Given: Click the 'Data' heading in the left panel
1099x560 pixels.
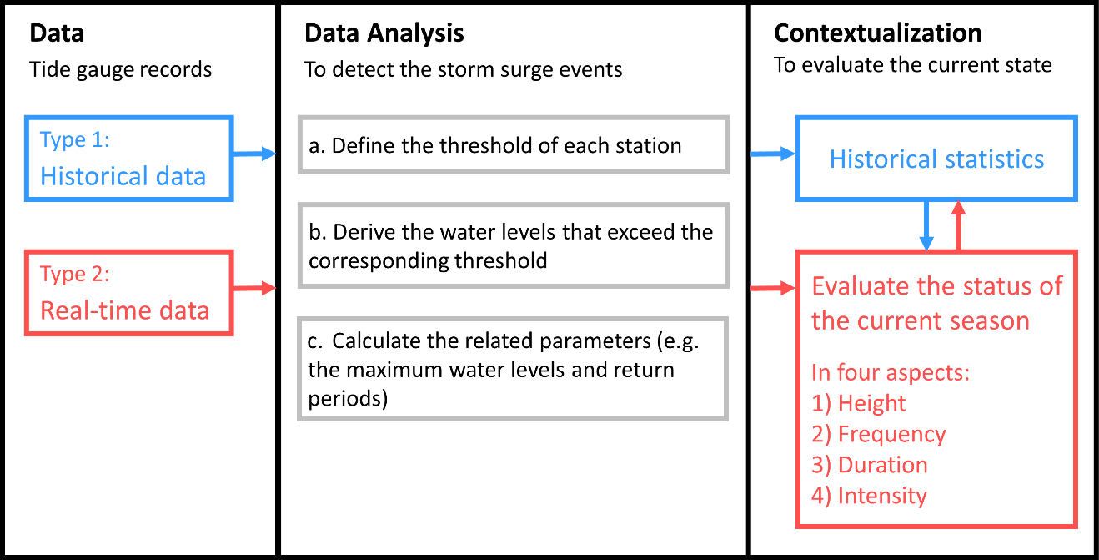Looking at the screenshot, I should [57, 33].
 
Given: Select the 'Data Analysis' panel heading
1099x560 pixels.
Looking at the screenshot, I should [384, 33].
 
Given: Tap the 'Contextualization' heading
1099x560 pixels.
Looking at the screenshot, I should [878, 33].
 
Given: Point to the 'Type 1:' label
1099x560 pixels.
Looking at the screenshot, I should [75, 139].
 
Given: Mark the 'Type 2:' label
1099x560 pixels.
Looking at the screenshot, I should [75, 275].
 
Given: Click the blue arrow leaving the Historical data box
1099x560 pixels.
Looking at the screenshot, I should [254, 154].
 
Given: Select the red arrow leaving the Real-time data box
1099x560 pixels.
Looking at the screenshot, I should [254, 289].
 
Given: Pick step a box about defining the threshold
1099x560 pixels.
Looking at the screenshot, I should [513, 145].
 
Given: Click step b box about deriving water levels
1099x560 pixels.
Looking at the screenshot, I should [513, 245].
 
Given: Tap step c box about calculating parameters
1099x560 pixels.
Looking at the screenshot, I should [513, 368].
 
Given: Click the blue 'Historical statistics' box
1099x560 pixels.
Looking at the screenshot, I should [936, 159].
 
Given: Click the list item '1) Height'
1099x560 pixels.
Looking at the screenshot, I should [859, 404].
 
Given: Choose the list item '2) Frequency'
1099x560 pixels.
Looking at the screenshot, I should [879, 435].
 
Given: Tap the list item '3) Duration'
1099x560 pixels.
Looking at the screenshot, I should [870, 465].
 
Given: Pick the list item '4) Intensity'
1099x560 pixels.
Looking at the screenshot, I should [869, 496].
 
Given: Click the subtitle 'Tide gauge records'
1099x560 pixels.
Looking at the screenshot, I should [121, 68].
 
